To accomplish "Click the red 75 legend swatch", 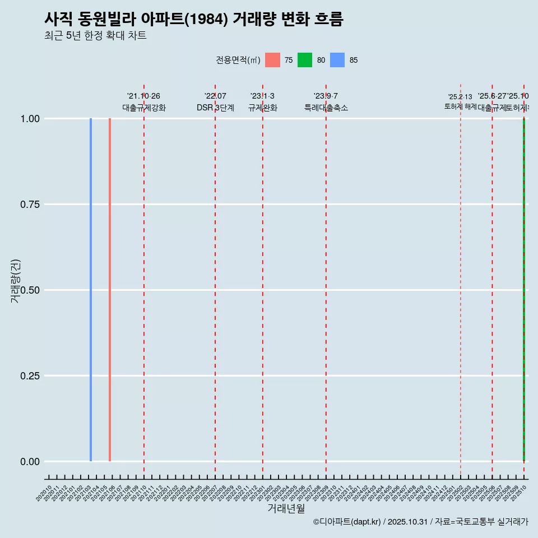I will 272,60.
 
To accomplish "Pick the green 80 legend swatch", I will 305,60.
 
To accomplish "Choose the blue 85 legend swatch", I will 337,60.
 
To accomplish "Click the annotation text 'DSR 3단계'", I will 215,108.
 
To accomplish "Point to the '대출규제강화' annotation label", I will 144,108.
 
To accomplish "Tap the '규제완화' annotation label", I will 263,108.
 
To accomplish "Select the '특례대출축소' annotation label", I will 326,108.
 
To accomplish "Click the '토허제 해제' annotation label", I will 461,106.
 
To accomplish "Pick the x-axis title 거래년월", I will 286,508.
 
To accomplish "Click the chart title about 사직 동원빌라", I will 194,19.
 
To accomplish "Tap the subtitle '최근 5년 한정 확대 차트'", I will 95,36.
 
